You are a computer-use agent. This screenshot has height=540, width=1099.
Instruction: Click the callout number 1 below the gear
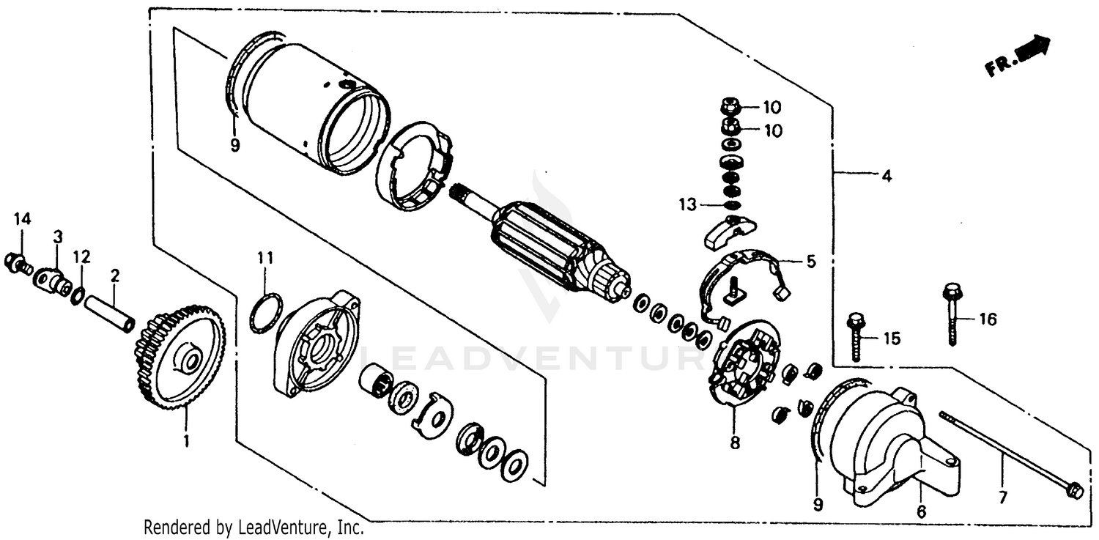click(185, 441)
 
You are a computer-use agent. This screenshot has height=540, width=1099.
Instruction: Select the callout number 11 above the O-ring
click(264, 258)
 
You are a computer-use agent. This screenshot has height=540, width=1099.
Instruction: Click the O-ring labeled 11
click(266, 313)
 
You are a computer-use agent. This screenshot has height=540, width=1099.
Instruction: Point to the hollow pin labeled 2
click(110, 311)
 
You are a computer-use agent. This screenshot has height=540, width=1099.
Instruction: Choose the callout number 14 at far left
click(22, 218)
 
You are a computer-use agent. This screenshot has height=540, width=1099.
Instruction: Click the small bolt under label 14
click(15, 262)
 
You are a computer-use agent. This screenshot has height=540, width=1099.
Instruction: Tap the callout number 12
click(81, 257)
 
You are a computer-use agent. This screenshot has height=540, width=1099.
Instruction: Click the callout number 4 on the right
click(887, 176)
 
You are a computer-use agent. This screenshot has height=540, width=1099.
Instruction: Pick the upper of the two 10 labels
click(772, 108)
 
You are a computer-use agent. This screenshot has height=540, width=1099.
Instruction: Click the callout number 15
click(891, 339)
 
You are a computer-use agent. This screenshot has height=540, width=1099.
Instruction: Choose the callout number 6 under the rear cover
click(921, 512)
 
